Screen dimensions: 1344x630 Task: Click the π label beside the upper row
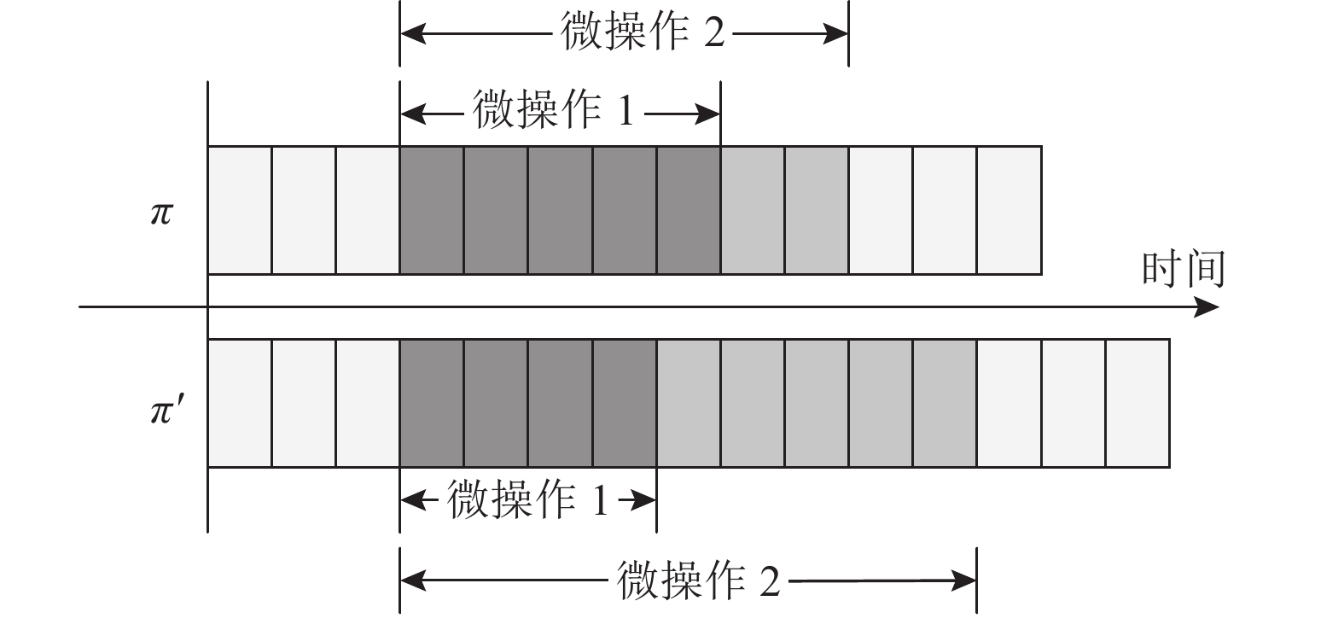click(161, 213)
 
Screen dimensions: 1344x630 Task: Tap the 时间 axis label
click(1184, 269)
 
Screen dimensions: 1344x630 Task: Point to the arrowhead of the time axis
click(1206, 307)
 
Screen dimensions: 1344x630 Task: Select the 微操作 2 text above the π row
click(643, 32)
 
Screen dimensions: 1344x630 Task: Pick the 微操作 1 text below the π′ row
click(528, 499)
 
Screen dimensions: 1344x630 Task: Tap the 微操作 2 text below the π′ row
click(698, 580)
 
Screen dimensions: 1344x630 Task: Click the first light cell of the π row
click(240, 210)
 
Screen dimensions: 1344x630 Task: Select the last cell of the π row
click(1009, 210)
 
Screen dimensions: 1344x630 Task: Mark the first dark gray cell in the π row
click(432, 210)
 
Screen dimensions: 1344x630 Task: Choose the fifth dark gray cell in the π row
click(688, 210)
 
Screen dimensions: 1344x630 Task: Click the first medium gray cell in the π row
click(753, 210)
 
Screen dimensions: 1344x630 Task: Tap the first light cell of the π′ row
click(240, 403)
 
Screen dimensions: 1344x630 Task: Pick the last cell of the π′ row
click(1137, 403)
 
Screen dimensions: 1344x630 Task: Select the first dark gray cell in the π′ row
click(432, 403)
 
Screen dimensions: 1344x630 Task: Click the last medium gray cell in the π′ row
click(945, 403)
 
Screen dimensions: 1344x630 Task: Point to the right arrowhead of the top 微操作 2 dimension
click(835, 33)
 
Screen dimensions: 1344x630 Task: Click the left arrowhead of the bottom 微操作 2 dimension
click(413, 580)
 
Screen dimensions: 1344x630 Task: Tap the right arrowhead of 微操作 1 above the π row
click(707, 114)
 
